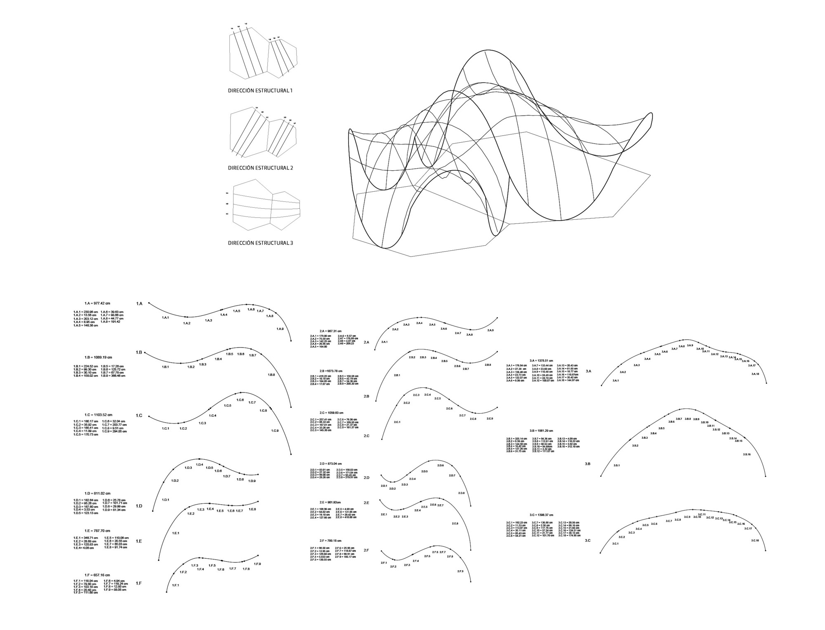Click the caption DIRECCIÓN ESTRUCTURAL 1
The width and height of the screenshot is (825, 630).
click(260, 90)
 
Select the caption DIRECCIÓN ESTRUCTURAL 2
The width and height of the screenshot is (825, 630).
click(260, 168)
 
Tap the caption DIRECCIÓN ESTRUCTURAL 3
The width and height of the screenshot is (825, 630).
click(260, 243)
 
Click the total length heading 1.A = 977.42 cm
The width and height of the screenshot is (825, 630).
click(97, 303)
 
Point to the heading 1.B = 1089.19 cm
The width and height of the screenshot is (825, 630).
click(98, 357)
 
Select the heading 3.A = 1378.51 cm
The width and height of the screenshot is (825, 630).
click(541, 360)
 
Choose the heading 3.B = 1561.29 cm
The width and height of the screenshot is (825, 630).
click(542, 431)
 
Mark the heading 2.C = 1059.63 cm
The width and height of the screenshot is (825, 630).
click(331, 413)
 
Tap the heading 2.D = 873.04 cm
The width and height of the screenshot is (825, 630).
click(330, 464)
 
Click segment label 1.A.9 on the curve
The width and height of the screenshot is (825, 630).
click(280, 329)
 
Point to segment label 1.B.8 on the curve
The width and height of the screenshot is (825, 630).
click(271, 375)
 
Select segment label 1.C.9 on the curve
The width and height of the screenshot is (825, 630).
click(275, 431)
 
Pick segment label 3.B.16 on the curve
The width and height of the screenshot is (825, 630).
click(747, 454)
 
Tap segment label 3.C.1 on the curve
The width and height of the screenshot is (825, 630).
click(615, 544)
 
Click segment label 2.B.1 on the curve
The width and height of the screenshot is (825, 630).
click(397, 375)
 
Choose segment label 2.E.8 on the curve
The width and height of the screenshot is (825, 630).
click(455, 524)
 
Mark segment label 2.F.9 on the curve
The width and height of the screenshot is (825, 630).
click(460, 571)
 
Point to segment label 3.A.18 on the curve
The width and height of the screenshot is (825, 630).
click(755, 374)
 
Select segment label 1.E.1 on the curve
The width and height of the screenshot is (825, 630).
click(176, 533)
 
